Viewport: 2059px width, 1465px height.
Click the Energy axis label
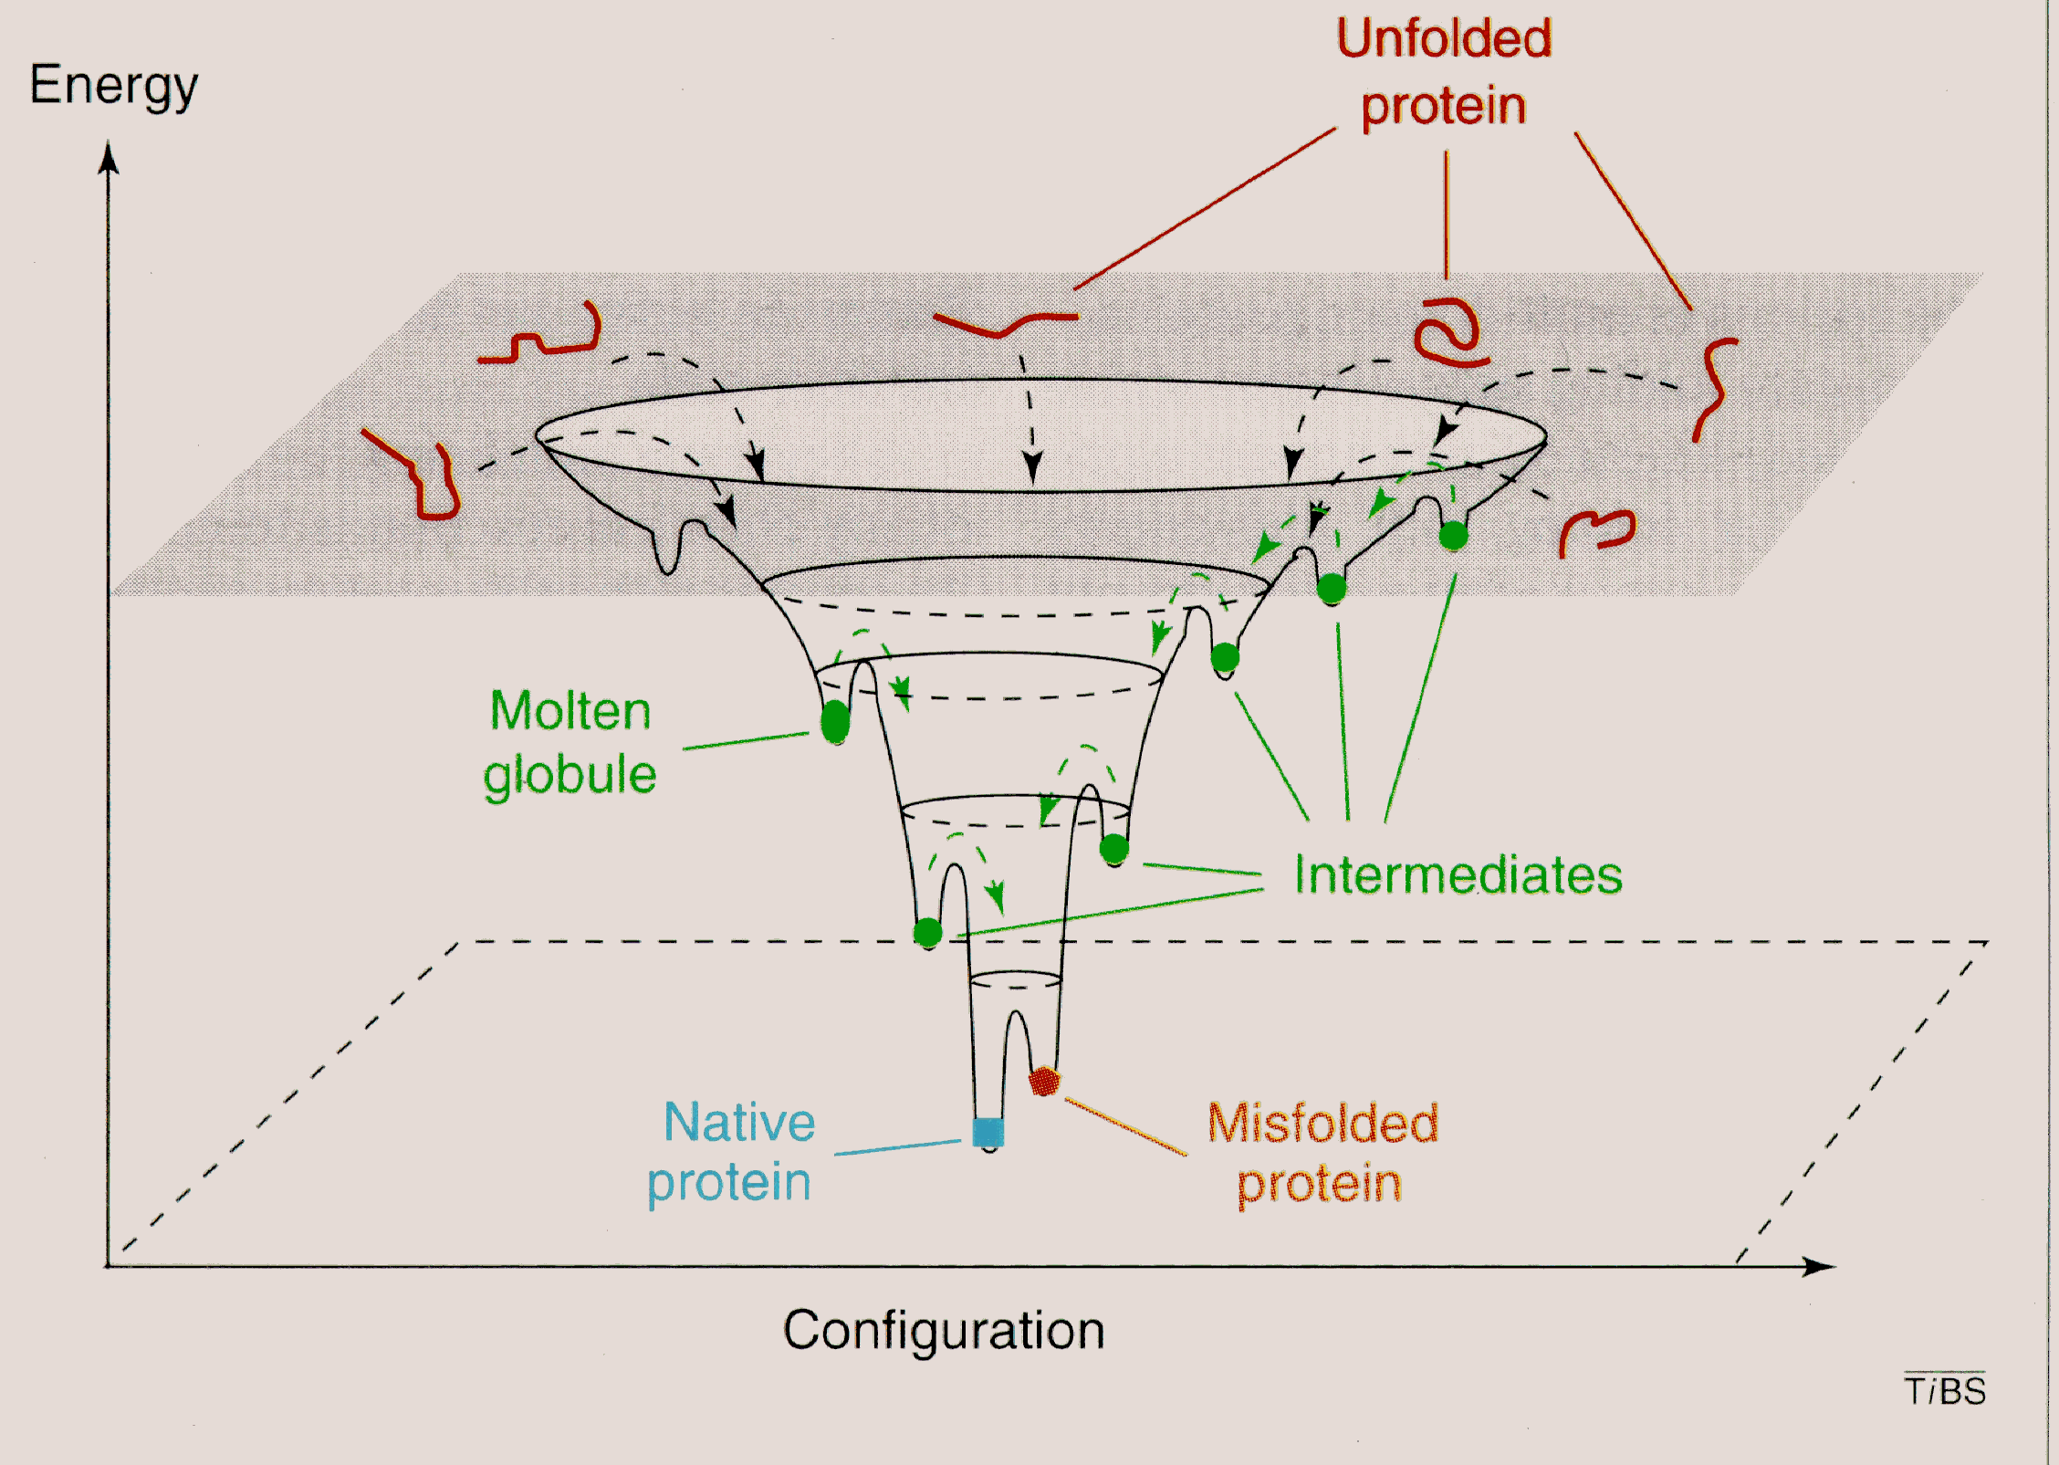(x=113, y=87)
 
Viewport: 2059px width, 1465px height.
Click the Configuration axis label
(x=944, y=1331)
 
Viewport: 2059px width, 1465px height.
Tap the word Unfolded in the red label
(x=1444, y=39)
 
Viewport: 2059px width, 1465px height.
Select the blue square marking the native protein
(x=988, y=1132)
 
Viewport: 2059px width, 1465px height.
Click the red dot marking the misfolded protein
(x=1043, y=1082)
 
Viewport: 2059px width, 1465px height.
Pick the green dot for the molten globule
(x=835, y=722)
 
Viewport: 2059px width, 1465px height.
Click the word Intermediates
(x=1458, y=875)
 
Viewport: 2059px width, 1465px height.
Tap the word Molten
(x=570, y=711)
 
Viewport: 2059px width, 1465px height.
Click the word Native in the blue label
(x=739, y=1122)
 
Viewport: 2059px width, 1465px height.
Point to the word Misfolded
(x=1322, y=1123)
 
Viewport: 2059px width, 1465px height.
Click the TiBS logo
(x=1945, y=1391)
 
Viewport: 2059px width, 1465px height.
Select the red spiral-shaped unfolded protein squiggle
(x=1448, y=333)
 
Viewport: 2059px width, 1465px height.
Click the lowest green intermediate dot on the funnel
(x=928, y=933)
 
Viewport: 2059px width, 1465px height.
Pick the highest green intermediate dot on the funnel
(x=1453, y=536)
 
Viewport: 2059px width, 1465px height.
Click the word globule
(x=570, y=776)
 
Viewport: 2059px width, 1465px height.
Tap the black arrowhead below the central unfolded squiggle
(x=1032, y=467)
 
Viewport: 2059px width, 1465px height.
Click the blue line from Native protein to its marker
(x=897, y=1147)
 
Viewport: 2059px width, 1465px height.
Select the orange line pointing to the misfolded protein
(x=1125, y=1128)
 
